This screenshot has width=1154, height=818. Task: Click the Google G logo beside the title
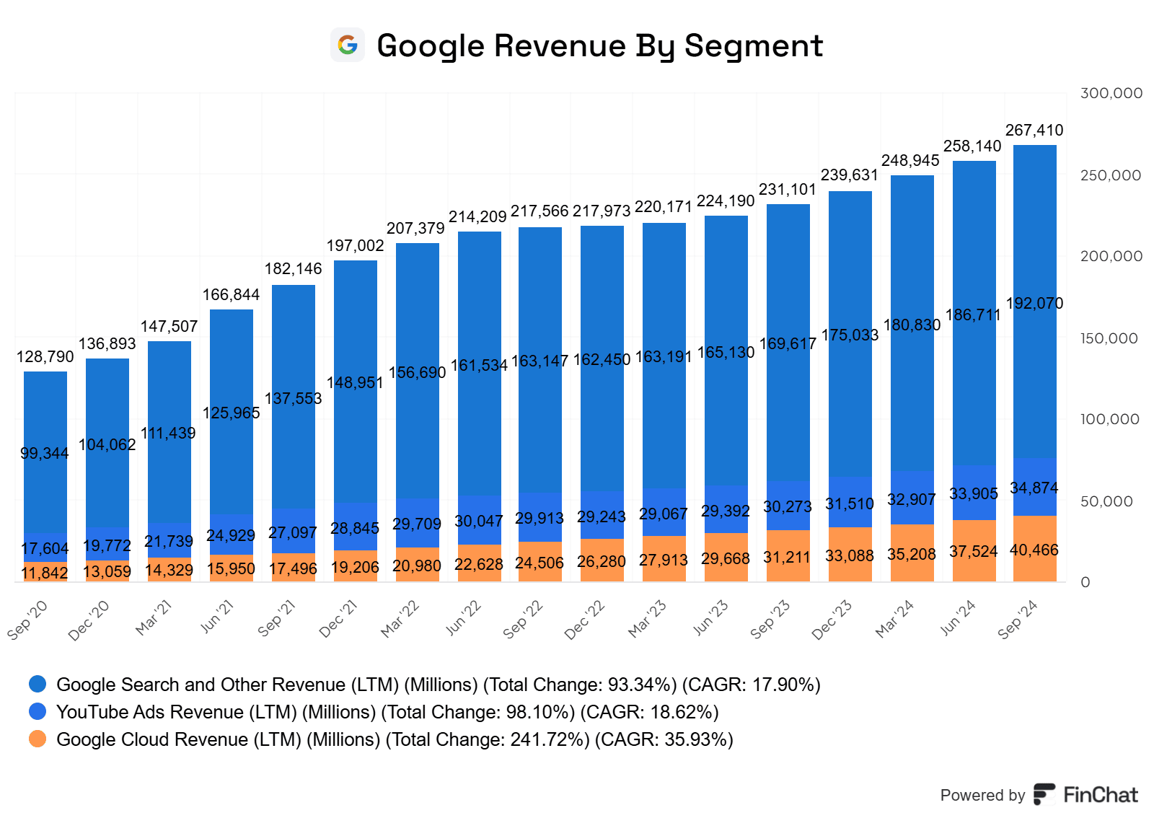click(348, 45)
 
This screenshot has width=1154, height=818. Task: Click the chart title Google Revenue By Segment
click(599, 45)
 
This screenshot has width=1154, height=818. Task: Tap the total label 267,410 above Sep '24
click(1034, 131)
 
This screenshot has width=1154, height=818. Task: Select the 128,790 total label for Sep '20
click(45, 357)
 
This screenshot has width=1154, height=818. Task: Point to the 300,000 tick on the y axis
click(1111, 93)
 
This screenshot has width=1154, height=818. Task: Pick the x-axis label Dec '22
click(585, 619)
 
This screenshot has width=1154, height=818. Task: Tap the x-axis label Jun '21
click(217, 617)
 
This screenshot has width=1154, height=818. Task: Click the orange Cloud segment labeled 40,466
click(1034, 550)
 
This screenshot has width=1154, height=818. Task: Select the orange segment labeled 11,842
click(45, 573)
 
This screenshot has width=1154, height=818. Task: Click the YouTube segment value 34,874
click(1034, 488)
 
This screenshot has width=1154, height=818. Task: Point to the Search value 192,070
click(1034, 304)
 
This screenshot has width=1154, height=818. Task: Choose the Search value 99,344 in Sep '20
click(45, 454)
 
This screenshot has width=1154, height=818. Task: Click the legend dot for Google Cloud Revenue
click(38, 739)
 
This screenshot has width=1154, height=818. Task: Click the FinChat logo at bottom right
click(1085, 795)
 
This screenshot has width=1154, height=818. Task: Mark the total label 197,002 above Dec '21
click(356, 246)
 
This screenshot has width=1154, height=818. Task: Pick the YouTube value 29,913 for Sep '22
click(539, 519)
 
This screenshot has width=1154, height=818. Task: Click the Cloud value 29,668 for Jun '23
click(726, 559)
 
